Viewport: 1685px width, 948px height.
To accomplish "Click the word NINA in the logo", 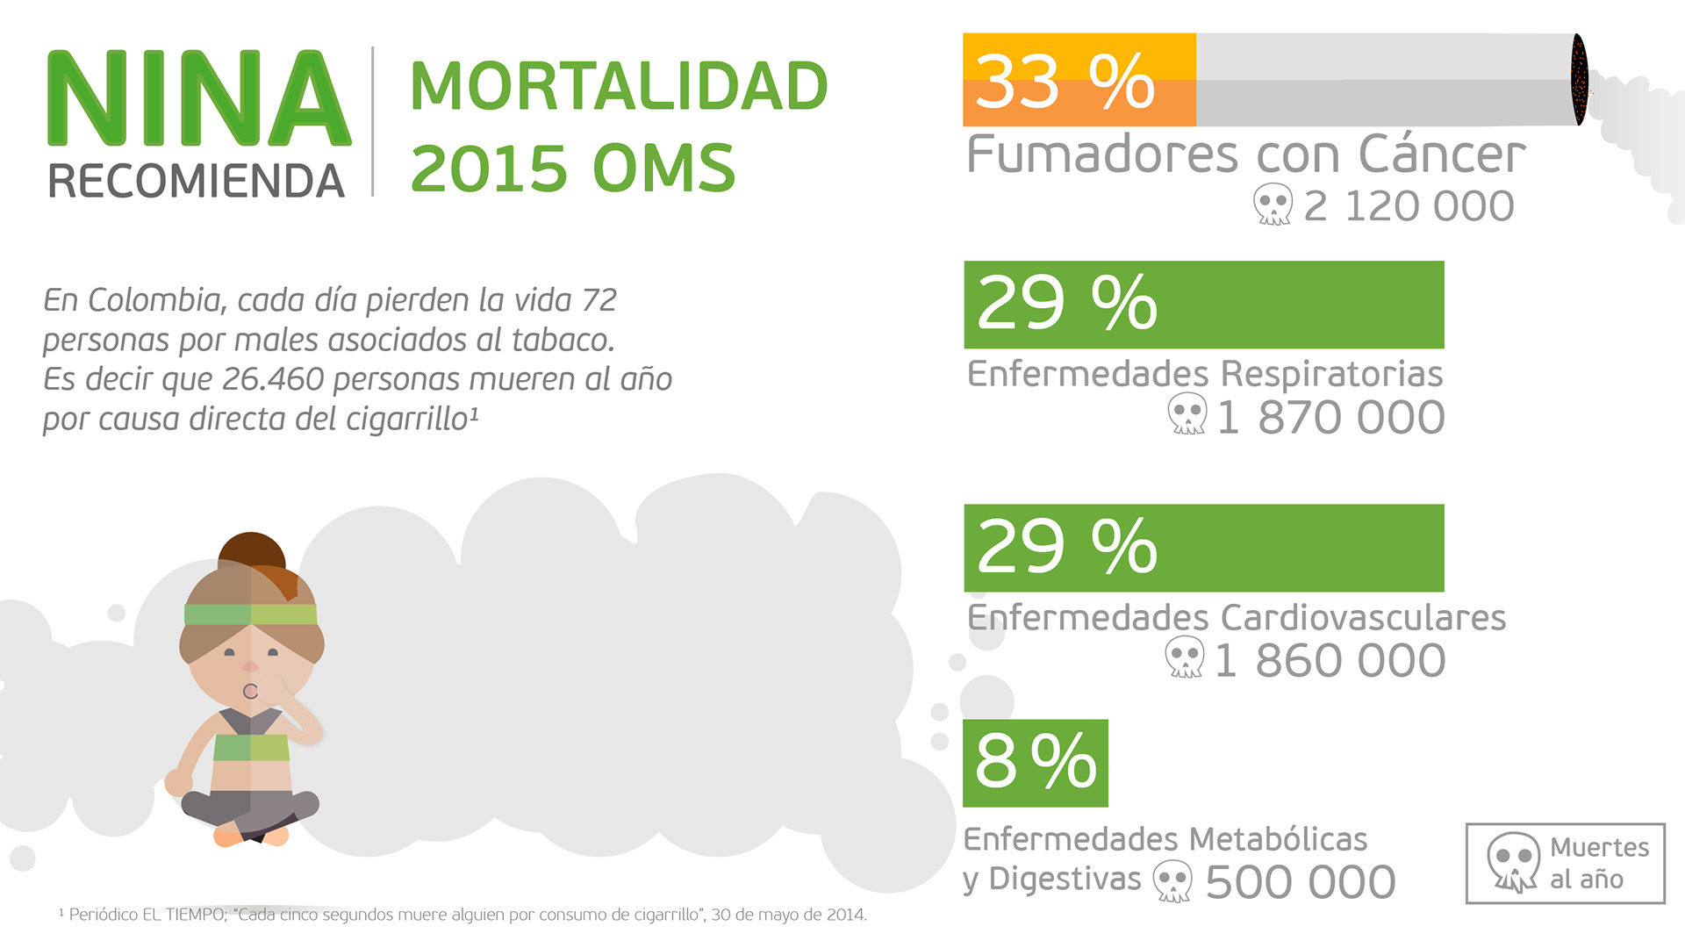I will [x=198, y=98].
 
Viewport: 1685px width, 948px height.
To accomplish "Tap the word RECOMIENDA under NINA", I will [x=196, y=182].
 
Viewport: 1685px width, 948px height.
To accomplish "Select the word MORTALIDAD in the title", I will [x=619, y=86].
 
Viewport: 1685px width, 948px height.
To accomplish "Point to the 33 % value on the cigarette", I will [x=1065, y=81].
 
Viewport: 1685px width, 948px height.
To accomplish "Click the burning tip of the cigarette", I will [x=1579, y=79].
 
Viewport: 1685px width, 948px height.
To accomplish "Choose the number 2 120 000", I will [x=1409, y=206].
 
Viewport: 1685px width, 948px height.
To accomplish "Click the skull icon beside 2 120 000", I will [x=1272, y=205].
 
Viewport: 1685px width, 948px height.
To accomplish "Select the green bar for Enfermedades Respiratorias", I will [x=1203, y=305].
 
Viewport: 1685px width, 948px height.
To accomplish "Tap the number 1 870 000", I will [x=1330, y=417].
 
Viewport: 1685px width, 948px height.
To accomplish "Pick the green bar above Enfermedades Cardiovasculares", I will [x=1203, y=548].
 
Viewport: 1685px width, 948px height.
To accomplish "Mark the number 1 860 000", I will [x=1330, y=661].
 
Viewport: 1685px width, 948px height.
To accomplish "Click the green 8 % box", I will [x=1036, y=763].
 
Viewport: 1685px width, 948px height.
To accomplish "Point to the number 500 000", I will [x=1300, y=882].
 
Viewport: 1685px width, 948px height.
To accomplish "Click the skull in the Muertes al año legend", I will [x=1513, y=862].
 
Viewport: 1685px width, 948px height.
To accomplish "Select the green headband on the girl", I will [x=250, y=614].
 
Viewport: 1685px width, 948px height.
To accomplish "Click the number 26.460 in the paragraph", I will [x=274, y=379].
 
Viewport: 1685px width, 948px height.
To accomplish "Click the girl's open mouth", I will [x=250, y=691].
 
